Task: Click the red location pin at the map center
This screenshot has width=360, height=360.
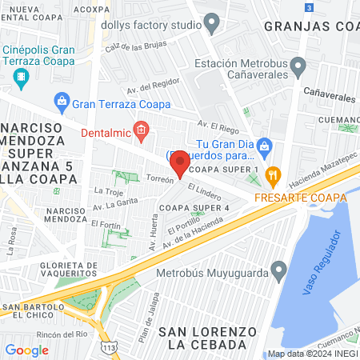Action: pos(180,163)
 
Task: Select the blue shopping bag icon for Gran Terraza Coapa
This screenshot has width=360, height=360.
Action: pos(61,102)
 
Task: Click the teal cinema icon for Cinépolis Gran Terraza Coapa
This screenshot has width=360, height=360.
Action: pos(20,76)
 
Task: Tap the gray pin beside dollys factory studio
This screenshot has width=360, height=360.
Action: pos(211,25)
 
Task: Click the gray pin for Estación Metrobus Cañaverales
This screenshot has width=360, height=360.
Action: pos(298,65)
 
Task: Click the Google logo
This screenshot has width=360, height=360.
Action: pos(26,350)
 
